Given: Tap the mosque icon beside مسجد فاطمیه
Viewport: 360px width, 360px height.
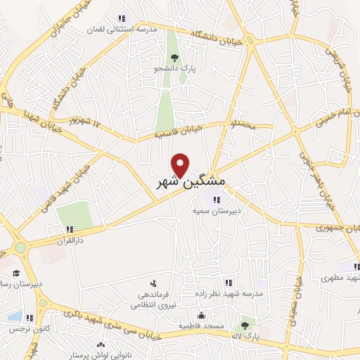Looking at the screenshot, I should pyautogui.click(x=202, y=315).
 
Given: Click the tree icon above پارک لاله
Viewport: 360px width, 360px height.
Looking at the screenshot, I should pyautogui.click(x=245, y=324).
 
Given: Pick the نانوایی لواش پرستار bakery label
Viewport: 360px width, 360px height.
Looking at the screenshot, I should pyautogui.click(x=91, y=356).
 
